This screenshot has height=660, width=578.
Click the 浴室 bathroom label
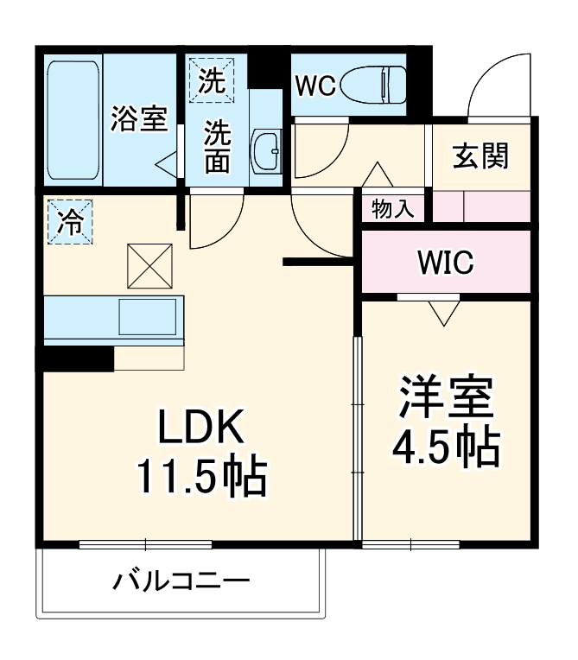(x=138, y=119)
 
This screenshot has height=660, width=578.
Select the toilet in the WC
(x=372, y=85)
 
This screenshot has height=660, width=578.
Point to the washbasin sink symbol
(x=267, y=152)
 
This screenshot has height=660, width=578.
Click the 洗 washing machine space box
(x=212, y=79)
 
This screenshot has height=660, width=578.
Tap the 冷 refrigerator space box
(x=68, y=222)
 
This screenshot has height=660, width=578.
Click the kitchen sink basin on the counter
(x=148, y=318)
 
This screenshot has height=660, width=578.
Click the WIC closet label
(x=444, y=262)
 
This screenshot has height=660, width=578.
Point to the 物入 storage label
(x=392, y=208)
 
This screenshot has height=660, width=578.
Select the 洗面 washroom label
(x=218, y=147)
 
